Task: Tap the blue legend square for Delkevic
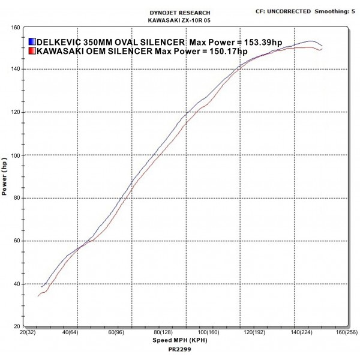point(32,42)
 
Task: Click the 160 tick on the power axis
point(16,27)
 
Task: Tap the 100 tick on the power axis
point(16,155)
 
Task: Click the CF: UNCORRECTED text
point(283,11)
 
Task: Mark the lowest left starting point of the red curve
point(38,296)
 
